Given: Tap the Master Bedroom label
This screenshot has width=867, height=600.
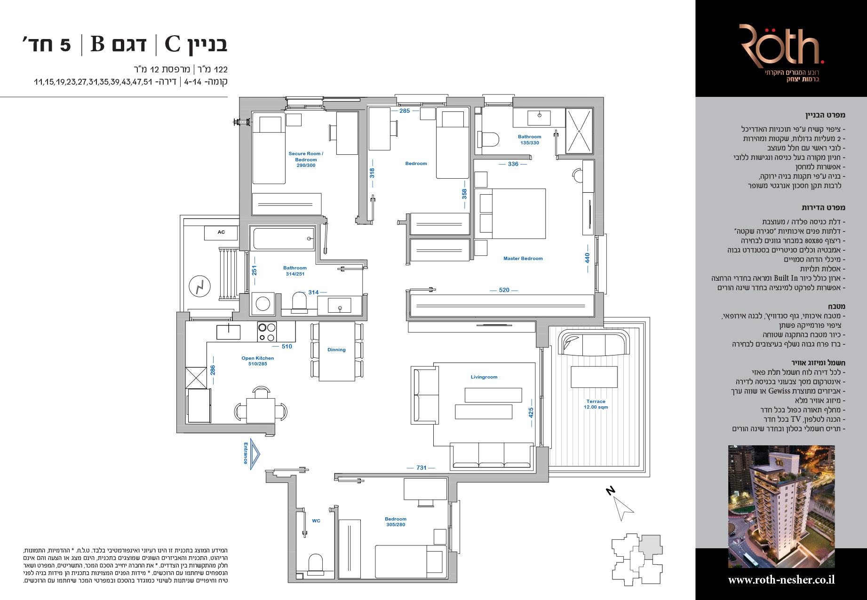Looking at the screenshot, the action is [523, 259].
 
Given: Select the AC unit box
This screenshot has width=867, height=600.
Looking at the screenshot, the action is [221, 232].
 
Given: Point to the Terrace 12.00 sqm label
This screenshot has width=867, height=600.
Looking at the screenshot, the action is [596, 404].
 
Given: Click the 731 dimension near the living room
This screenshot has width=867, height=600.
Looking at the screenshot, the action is [421, 468].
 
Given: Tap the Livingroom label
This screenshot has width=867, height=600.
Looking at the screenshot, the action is [484, 377].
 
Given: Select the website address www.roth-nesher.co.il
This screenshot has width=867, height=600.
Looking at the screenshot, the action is [781, 580].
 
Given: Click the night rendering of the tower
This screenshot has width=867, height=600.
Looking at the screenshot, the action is [781, 507].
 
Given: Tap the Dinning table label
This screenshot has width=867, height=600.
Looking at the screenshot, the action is [336, 350].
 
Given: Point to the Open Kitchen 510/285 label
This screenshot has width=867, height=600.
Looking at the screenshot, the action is [257, 361].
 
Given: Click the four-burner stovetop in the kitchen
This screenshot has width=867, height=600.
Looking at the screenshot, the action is [267, 332].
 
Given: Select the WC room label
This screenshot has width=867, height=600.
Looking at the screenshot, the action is [316, 521].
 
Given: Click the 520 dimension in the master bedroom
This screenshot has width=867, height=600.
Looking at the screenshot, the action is [504, 290].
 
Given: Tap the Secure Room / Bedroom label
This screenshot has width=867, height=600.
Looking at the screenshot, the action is [306, 159].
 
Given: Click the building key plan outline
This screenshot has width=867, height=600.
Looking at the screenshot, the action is [637, 560].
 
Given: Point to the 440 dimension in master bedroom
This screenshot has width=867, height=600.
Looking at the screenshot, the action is [587, 258].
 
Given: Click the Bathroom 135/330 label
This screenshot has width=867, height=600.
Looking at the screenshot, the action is [529, 140].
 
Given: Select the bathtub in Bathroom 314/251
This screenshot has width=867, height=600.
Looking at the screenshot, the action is [283, 238].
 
